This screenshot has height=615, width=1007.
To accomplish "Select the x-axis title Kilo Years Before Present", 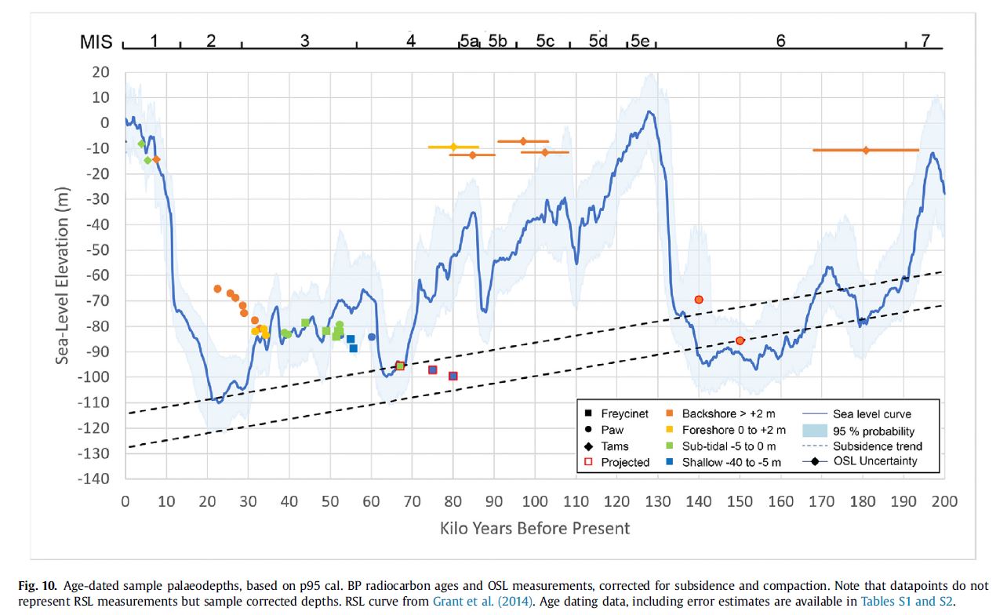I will (534, 528).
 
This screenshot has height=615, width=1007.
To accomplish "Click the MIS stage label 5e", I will (639, 42).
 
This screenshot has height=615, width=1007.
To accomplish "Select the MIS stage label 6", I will (780, 42).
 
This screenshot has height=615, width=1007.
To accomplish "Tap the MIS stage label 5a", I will (469, 42).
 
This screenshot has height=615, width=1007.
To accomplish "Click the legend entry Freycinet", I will (624, 413).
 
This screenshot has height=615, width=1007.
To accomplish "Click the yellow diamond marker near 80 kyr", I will (453, 147).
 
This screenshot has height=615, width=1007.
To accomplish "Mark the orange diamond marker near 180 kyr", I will (866, 150).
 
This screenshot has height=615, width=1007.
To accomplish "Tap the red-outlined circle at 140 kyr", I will (699, 300).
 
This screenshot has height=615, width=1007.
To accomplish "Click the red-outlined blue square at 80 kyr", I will (453, 376).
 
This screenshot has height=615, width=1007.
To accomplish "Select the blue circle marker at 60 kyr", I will (372, 337).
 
